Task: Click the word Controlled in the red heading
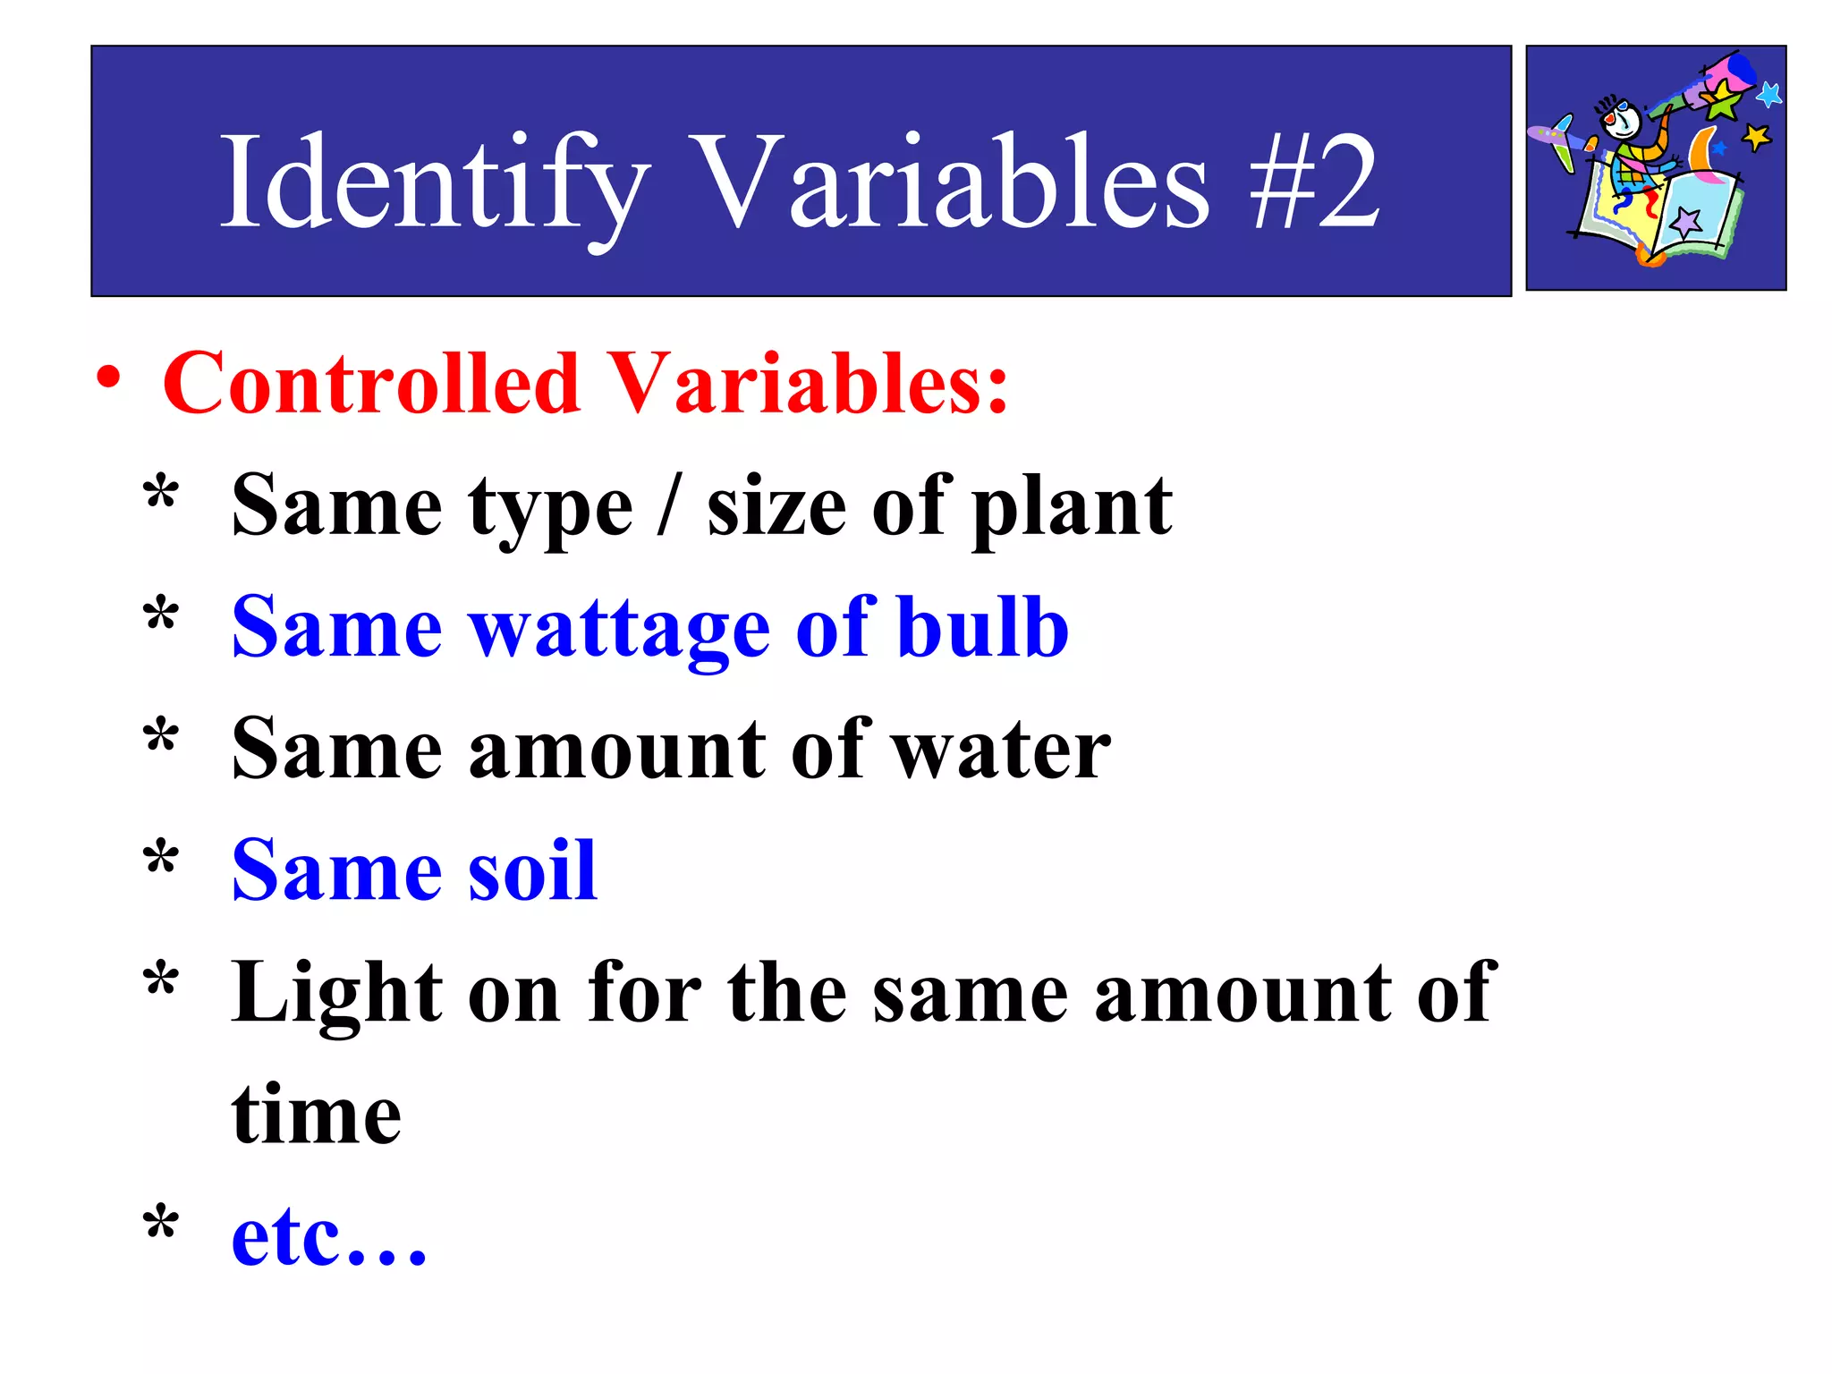370,384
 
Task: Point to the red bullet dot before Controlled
109,377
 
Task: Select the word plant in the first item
1072,507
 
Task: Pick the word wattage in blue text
620,629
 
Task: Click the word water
1002,750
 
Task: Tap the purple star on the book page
1687,221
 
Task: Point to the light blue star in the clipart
1768,93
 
